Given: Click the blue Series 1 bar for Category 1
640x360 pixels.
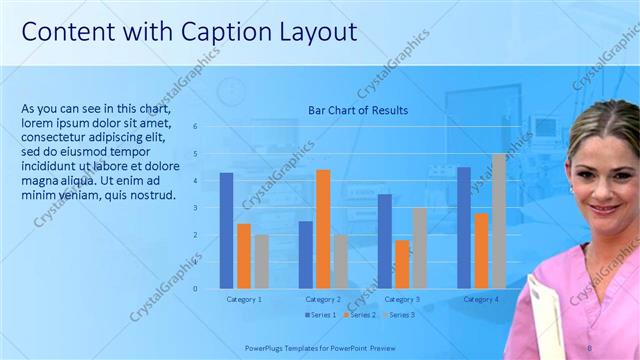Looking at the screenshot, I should point(226,231).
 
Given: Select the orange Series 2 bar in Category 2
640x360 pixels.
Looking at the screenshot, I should point(323,229).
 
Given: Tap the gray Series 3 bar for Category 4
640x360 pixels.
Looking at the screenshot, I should point(498,221).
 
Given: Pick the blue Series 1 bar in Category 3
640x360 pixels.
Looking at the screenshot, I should point(384,241).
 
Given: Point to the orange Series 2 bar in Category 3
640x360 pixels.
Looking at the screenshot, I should point(402,264).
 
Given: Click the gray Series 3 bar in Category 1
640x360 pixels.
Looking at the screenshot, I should point(261,262).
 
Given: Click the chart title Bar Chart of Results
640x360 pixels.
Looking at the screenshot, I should point(357,110).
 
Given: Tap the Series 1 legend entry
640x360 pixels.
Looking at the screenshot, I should point(321,315).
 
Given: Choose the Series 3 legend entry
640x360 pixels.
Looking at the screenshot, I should point(398,315).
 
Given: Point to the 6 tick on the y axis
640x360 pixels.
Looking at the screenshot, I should point(195,127).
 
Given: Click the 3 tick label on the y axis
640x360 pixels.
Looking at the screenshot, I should point(195,208).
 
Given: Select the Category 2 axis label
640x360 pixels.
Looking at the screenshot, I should point(323,299).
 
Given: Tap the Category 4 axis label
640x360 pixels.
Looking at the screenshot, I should point(481,299).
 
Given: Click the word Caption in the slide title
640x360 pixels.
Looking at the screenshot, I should point(206,31).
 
